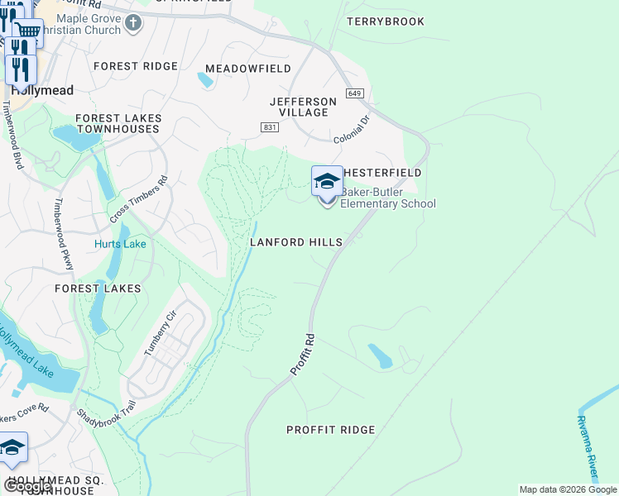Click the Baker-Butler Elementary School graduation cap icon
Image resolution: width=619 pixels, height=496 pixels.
pyautogui.click(x=327, y=181)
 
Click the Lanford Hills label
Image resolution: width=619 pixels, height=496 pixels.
pyautogui.click(x=296, y=242)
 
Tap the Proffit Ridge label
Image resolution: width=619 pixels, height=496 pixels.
pyautogui.click(x=330, y=430)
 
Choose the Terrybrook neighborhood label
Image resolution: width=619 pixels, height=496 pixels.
pyautogui.click(x=386, y=21)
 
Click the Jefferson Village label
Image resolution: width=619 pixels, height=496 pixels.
pyautogui.click(x=304, y=107)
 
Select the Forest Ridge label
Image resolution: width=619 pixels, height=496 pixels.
pyautogui.click(x=136, y=66)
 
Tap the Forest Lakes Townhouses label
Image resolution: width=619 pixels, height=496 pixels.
pyautogui.click(x=118, y=124)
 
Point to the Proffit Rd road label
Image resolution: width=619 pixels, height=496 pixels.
pyautogui.click(x=303, y=355)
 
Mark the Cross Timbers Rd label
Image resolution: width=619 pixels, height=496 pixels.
pyautogui.click(x=138, y=199)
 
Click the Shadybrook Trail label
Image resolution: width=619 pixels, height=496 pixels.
pyautogui.click(x=105, y=422)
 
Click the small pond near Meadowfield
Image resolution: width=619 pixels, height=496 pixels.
pyautogui.click(x=204, y=80)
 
